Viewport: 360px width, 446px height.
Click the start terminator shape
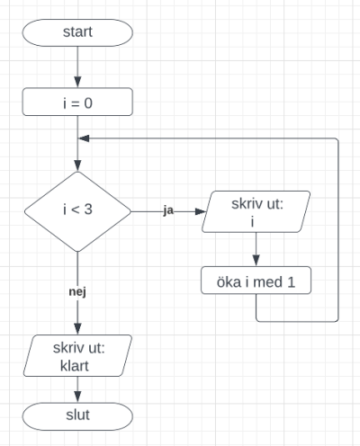pyautogui.click(x=77, y=32)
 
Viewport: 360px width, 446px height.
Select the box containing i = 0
pyautogui.click(x=77, y=102)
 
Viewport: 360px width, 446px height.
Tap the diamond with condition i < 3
pyautogui.click(x=77, y=211)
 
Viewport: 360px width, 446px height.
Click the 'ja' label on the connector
pyautogui.click(x=168, y=210)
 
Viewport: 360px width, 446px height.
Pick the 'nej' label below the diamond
pyautogui.click(x=77, y=291)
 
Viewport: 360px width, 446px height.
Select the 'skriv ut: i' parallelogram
pyautogui.click(x=256, y=211)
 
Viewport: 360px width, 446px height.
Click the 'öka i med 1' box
pyautogui.click(x=256, y=281)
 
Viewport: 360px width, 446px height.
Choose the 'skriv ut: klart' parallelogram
pyautogui.click(x=77, y=355)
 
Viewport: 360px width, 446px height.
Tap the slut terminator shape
pyautogui.click(x=77, y=416)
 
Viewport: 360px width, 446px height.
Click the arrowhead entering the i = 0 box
pyautogui.click(x=77, y=82)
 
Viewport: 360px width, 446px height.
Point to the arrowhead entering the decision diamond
pyautogui.click(x=77, y=165)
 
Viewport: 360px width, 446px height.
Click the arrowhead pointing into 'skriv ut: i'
pyautogui.click(x=201, y=211)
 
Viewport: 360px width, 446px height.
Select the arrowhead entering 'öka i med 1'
pyautogui.click(x=256, y=261)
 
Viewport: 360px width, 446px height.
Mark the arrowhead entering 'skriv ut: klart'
pyautogui.click(x=77, y=329)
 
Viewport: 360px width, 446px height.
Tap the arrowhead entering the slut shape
pyautogui.click(x=77, y=397)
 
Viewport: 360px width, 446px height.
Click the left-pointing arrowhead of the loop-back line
pyautogui.click(x=84, y=138)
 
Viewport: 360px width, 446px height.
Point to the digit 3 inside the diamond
pyautogui.click(x=88, y=210)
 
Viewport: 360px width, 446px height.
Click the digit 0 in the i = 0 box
pyautogui.click(x=88, y=103)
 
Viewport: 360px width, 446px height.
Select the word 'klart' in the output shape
pyautogui.click(x=75, y=366)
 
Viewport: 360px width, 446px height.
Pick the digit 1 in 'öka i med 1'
pyautogui.click(x=291, y=282)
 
